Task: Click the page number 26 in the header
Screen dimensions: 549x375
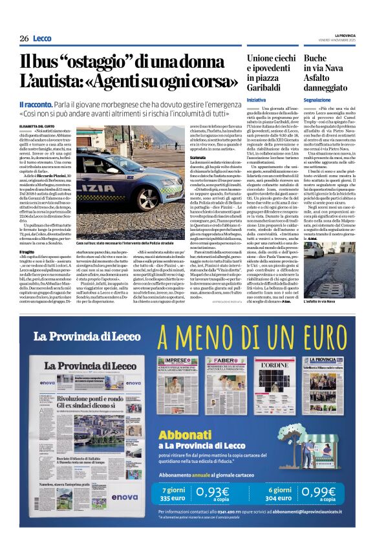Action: pyautogui.click(x=24, y=38)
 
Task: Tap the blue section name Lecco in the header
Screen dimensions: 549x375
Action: pyautogui.click(x=42, y=38)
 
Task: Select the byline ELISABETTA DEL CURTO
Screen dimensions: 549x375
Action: pyautogui.click(x=38, y=116)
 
